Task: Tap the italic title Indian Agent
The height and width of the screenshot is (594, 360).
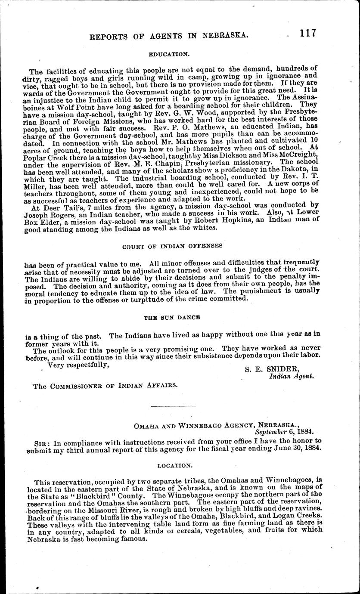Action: click(292, 376)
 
